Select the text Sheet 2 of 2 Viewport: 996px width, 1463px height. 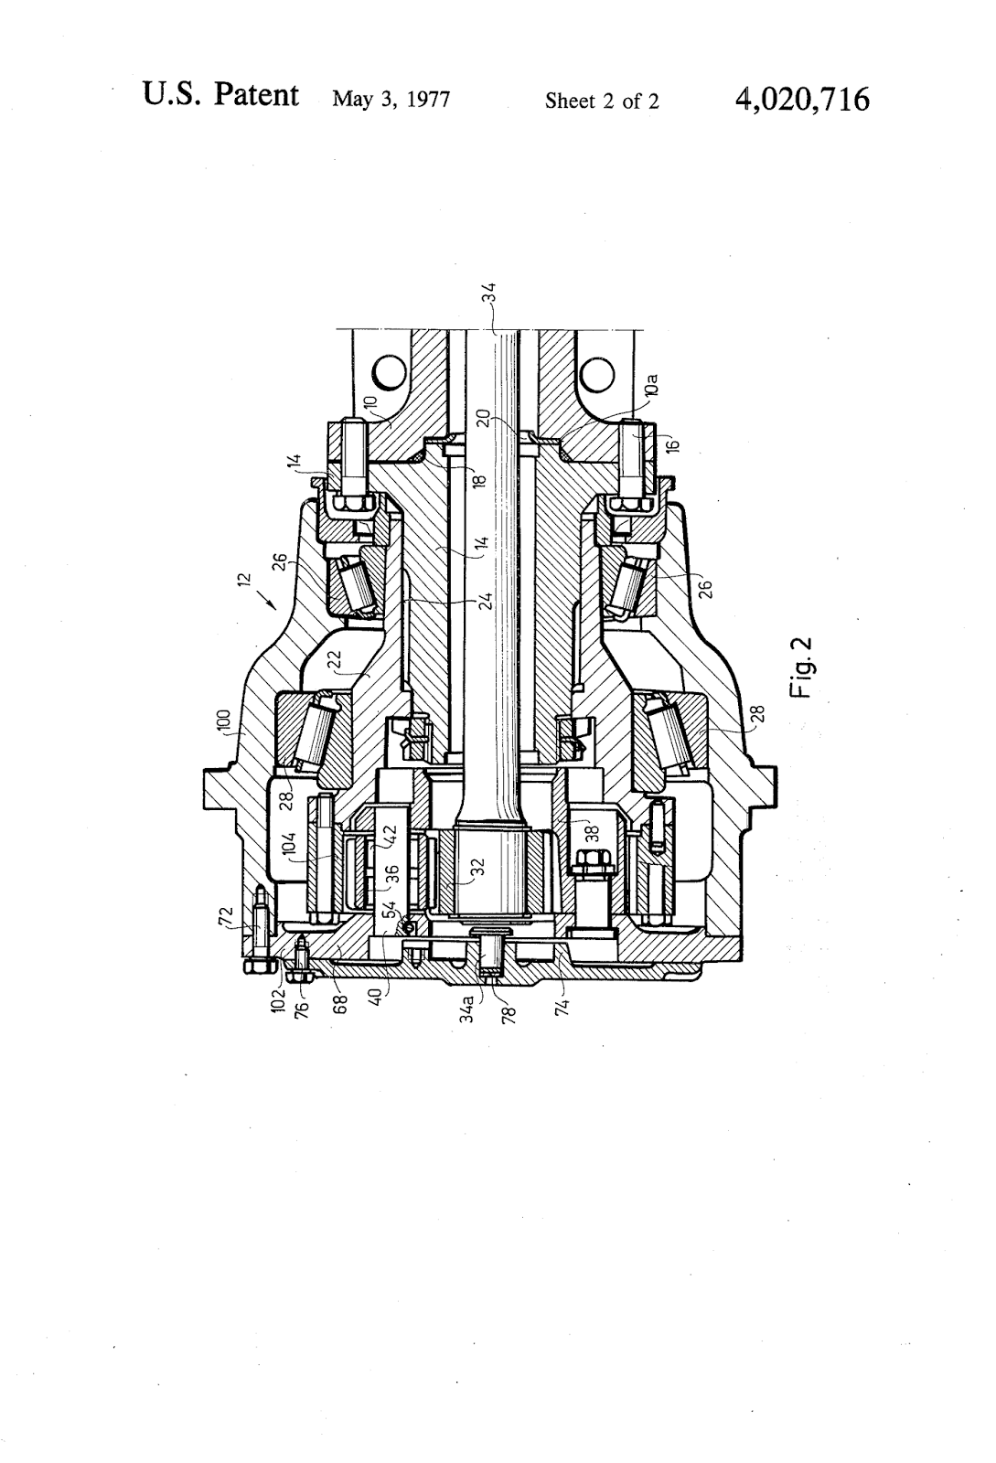coord(601,101)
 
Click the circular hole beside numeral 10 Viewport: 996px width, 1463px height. coord(388,371)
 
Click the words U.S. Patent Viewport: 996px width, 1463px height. coord(220,95)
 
